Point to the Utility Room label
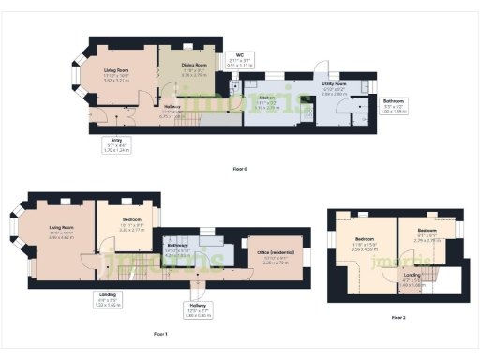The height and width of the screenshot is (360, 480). [x=335, y=89]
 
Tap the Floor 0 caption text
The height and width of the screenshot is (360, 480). [x=240, y=169]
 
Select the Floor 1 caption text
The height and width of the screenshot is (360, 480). [x=160, y=333]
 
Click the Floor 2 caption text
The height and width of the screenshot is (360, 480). [x=398, y=318]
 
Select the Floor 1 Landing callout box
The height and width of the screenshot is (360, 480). [x=107, y=300]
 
